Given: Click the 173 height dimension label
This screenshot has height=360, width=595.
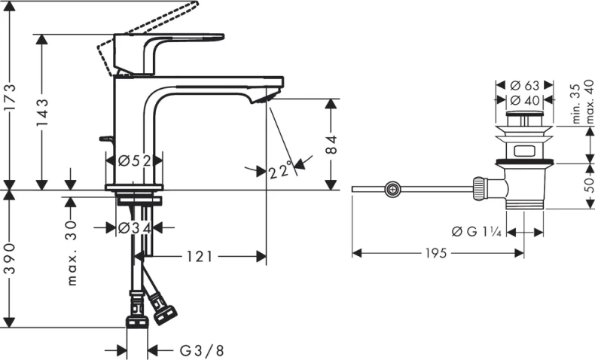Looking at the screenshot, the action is [x=10, y=97].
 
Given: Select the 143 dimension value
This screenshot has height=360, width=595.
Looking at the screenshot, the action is [x=42, y=112].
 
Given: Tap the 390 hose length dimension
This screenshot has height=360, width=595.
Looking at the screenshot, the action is [x=10, y=259].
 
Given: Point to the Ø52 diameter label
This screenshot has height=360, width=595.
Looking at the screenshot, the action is [x=134, y=161].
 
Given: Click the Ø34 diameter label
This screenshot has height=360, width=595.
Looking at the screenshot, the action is [x=134, y=228].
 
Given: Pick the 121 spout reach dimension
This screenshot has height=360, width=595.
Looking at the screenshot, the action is [x=200, y=257].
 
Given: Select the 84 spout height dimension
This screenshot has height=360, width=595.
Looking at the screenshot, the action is [x=331, y=144].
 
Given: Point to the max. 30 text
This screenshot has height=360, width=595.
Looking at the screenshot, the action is [x=72, y=253].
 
